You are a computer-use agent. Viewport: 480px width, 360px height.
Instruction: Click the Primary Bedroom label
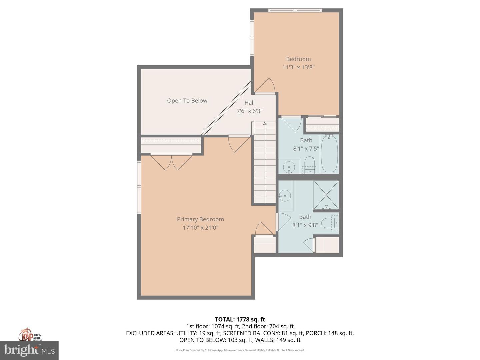(x=200, y=219)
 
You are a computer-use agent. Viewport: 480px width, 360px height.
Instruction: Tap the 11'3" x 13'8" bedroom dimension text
(x=298, y=67)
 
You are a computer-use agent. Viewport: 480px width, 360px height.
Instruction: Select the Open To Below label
(x=187, y=101)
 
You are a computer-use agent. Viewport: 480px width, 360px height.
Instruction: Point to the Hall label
(x=249, y=103)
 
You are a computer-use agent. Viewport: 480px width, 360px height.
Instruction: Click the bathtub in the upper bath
(x=329, y=154)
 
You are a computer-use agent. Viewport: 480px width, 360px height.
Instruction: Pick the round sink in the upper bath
(x=289, y=167)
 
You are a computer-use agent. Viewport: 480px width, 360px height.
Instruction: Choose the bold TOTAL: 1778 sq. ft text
(x=240, y=319)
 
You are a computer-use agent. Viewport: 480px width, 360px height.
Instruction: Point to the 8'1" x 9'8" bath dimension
(x=305, y=225)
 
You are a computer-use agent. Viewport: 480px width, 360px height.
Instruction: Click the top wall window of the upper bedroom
(x=295, y=10)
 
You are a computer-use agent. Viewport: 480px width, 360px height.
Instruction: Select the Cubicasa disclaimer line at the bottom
(x=240, y=350)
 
